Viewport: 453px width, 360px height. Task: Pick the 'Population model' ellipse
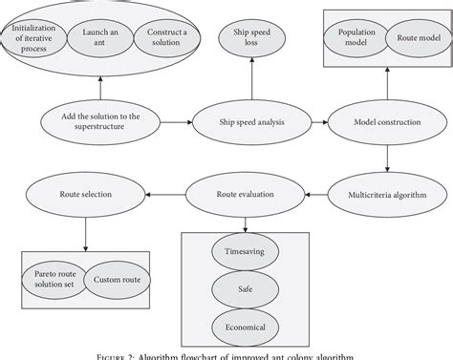(356, 38)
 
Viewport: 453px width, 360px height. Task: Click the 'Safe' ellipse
(245, 287)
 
